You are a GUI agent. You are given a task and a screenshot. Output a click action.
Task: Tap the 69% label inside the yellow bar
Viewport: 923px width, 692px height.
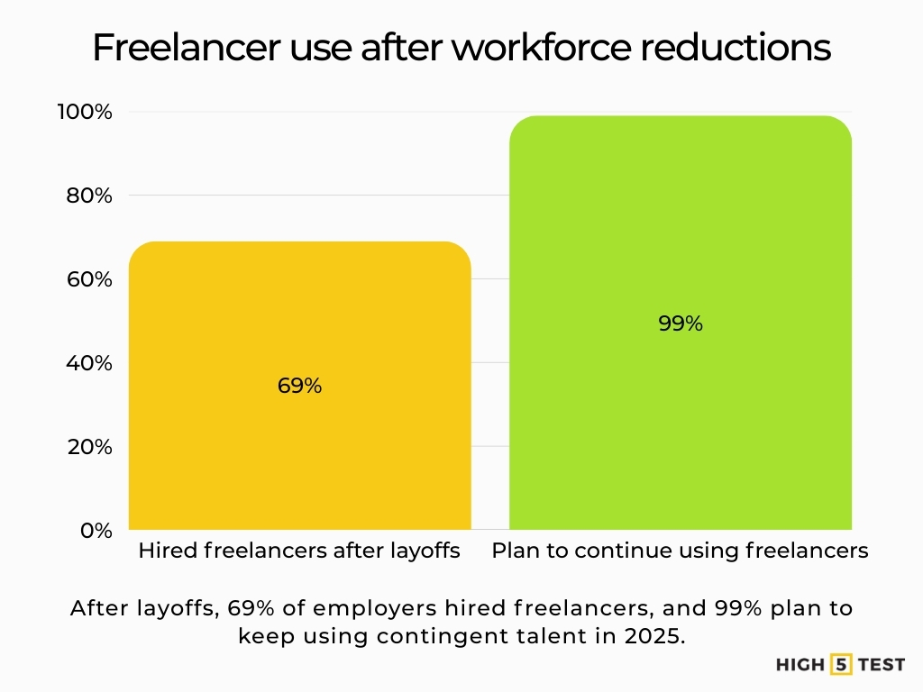[299, 386]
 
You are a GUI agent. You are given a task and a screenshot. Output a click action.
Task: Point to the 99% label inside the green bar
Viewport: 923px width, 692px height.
[680, 323]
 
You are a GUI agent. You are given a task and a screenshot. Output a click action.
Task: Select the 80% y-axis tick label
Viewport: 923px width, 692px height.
[90, 196]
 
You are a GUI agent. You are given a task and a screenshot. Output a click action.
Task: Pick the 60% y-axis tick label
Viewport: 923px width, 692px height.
[90, 279]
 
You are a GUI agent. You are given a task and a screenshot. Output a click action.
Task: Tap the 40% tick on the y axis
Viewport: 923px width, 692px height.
[90, 363]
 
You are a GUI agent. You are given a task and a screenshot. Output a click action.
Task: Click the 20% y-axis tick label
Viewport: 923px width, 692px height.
[90, 447]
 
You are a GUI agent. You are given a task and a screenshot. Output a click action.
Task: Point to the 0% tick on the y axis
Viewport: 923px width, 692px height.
[96, 530]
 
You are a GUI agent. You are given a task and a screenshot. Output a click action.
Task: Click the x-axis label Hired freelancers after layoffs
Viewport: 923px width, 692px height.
[299, 551]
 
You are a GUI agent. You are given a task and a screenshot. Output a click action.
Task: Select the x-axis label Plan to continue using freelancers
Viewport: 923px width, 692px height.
[680, 551]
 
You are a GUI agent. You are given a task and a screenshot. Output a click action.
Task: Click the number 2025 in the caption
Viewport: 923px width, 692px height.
[653, 635]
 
